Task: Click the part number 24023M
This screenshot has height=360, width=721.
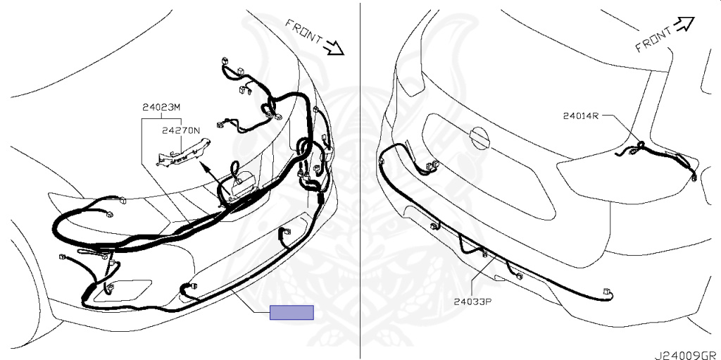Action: click(161, 108)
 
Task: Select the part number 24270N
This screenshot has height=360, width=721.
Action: click(181, 130)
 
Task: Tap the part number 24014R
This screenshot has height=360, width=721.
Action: click(581, 116)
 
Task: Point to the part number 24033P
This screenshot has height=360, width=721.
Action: click(473, 302)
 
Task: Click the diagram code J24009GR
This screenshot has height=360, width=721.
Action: click(687, 355)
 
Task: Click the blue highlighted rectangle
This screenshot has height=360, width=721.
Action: click(291, 312)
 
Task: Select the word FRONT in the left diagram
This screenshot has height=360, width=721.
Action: click(304, 31)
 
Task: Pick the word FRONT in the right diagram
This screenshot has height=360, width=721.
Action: click(653, 39)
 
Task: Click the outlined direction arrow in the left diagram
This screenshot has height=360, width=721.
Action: click(334, 47)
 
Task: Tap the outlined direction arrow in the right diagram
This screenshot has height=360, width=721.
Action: click(684, 24)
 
